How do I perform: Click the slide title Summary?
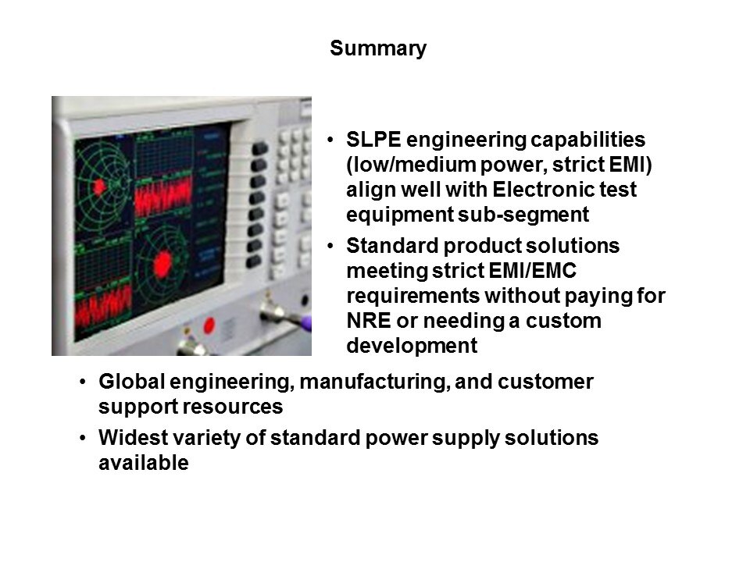[x=378, y=48]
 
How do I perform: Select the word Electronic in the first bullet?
[x=536, y=189]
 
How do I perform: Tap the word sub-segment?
[x=523, y=215]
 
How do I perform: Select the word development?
[x=412, y=346]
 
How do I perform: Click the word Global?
[x=131, y=382]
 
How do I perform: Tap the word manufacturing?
[x=374, y=382]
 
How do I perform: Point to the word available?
[x=144, y=463]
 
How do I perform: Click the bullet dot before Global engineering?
[x=84, y=382]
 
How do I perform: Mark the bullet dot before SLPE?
[x=330, y=140]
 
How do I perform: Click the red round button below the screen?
[x=209, y=326]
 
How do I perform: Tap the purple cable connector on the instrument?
[x=306, y=322]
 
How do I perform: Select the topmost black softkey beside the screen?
[x=259, y=148]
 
